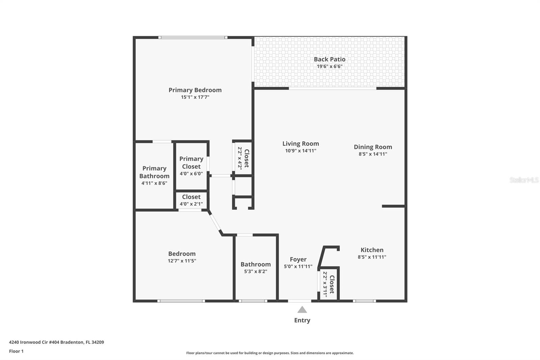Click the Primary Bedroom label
[195, 90]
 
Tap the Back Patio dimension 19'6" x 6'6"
[329, 66]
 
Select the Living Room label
[301, 144]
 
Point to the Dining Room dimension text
[373, 154]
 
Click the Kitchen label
[372, 250]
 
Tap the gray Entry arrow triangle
[302, 310]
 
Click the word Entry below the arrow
[302, 320]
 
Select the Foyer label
[298, 259]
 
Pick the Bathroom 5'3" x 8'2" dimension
[255, 271]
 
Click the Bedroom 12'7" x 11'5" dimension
[182, 261]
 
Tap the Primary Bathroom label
[154, 172]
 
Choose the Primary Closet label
[191, 163]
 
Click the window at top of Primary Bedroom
[193, 37]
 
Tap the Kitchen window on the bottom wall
[364, 301]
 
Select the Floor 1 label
[17, 351]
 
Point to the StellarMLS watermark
[524, 180]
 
